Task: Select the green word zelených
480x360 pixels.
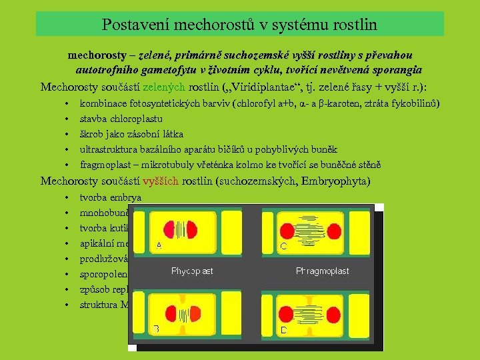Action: click(163, 87)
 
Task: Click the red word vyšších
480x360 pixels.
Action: click(161, 181)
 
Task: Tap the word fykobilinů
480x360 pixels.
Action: click(415, 105)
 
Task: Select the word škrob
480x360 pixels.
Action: click(92, 134)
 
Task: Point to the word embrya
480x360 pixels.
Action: click(127, 197)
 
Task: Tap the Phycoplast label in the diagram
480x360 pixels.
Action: click(193, 271)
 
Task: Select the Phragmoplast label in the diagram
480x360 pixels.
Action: click(322, 271)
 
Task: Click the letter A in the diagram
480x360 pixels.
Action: click(159, 245)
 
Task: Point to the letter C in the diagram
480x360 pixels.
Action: click(283, 246)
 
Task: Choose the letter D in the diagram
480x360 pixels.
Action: click(283, 329)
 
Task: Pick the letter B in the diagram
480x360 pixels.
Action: click(156, 329)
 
